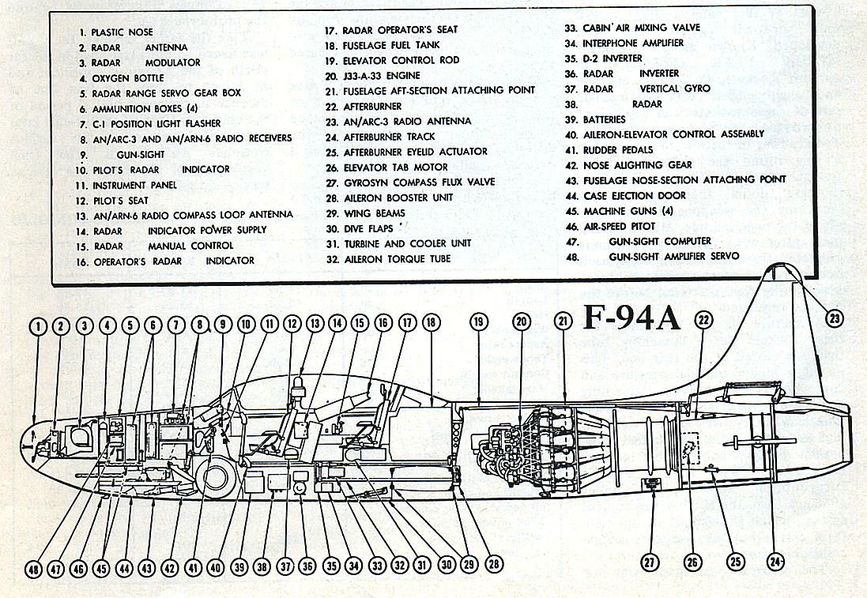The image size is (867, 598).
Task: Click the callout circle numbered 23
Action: coord(834,318)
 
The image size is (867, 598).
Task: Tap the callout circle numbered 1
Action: coord(36,325)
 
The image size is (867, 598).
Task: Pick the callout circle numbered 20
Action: coord(520,322)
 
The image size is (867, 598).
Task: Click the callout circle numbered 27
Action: coord(649,562)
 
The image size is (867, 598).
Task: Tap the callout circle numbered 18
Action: coord(430,322)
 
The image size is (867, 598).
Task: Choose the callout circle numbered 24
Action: coord(776,562)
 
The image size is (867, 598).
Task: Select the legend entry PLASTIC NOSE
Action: coord(120,32)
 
